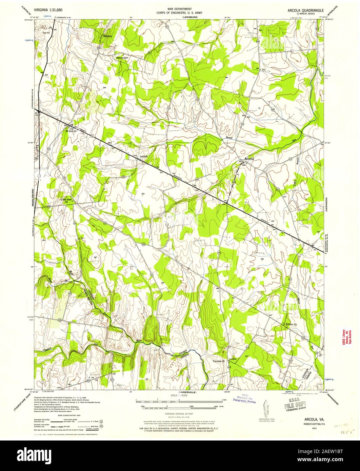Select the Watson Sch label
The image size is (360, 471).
point(122,58)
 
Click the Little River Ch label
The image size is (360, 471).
point(66,200)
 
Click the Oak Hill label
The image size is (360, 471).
point(46,33)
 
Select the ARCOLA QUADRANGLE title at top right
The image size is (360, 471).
point(305,10)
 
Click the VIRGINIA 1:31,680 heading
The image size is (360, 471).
point(43,10)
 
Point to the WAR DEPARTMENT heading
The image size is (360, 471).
point(180,9)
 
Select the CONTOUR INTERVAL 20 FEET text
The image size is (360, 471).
point(179,414)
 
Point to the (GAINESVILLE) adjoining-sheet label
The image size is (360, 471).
point(180,392)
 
